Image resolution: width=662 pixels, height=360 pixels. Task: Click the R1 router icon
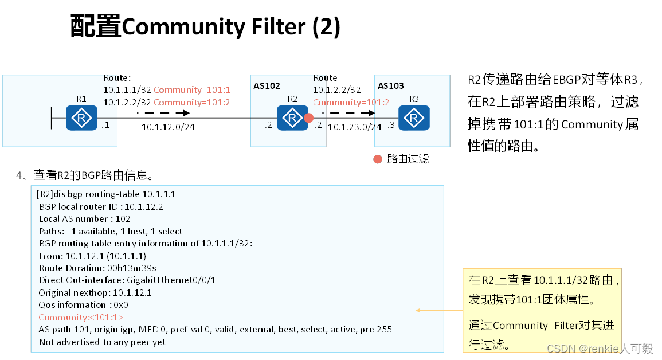[x=81, y=118]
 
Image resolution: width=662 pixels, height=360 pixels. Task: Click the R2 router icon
[x=292, y=118]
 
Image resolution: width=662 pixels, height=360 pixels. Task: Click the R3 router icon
[x=414, y=118]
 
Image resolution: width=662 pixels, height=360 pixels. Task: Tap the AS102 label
[x=267, y=86]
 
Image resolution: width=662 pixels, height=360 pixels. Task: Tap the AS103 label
[x=391, y=86]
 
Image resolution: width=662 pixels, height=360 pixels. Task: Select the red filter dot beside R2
[x=309, y=118]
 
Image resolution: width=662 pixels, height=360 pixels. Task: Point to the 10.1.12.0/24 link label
[x=168, y=127]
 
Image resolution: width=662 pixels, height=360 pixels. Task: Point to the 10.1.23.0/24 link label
[x=354, y=127]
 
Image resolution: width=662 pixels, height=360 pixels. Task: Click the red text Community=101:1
[x=191, y=90]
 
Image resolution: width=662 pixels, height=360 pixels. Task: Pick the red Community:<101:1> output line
[x=81, y=317]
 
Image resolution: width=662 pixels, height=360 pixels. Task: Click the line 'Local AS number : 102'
[x=84, y=218]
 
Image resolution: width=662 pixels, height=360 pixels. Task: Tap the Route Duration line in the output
[x=97, y=268]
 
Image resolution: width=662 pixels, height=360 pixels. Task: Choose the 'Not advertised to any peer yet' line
[x=102, y=342]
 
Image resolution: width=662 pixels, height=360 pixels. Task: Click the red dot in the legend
[x=378, y=159]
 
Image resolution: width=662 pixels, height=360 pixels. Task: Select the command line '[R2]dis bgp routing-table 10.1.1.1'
[x=106, y=194]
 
